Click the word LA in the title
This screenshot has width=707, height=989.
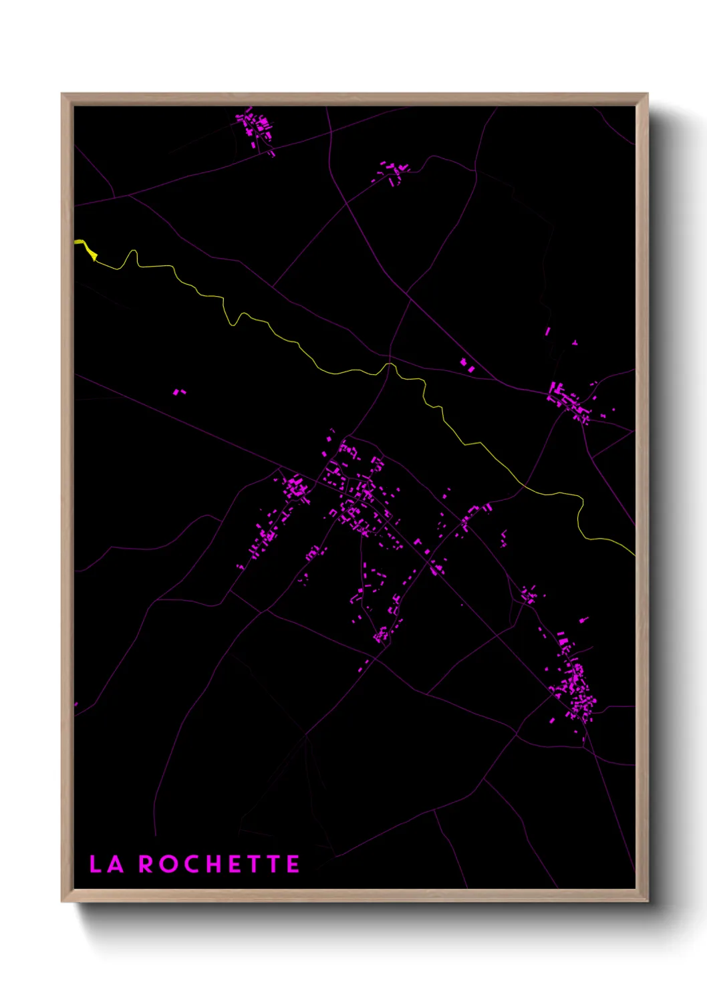pos(107,864)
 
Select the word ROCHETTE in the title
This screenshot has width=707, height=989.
pos(219,864)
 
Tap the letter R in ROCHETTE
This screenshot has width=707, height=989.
pos(146,864)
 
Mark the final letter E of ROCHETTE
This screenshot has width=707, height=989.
pos(293,864)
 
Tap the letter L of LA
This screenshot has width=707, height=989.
pos(96,864)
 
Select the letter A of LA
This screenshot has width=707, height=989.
pos(116,864)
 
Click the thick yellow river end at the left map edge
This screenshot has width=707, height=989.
pos(81,245)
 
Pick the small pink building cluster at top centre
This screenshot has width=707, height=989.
pos(394,172)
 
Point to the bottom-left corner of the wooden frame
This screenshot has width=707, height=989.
pos(63,900)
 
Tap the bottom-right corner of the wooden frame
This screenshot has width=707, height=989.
pos(646,900)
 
